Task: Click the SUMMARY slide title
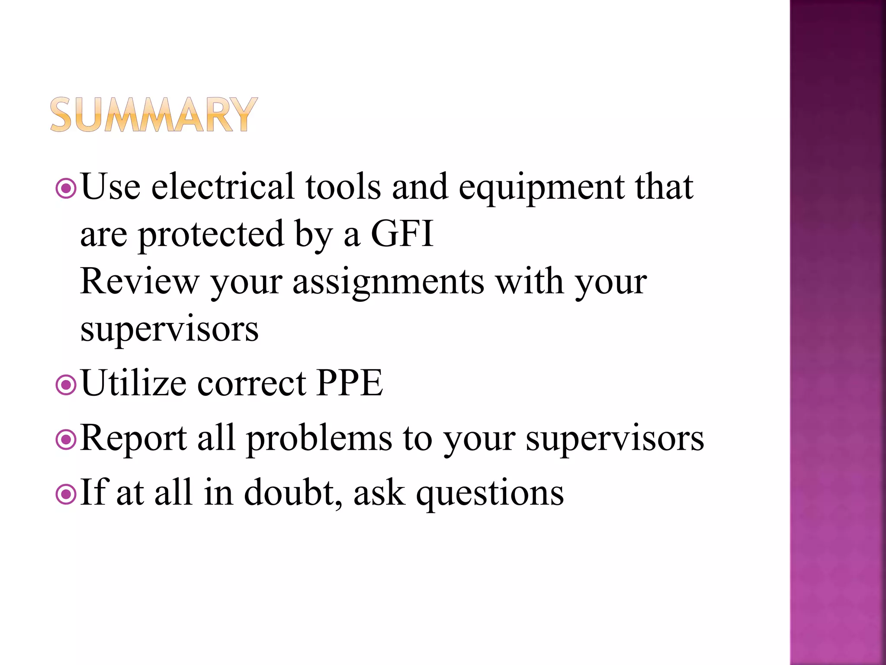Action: coord(154,114)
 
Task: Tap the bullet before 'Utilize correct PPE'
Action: coord(66,384)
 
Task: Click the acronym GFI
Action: coord(402,234)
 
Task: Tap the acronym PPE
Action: coord(350,383)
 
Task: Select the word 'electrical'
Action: coord(223,187)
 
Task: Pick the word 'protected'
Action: coord(211,235)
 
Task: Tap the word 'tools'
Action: coord(343,187)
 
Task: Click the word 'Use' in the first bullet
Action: coord(111,187)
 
